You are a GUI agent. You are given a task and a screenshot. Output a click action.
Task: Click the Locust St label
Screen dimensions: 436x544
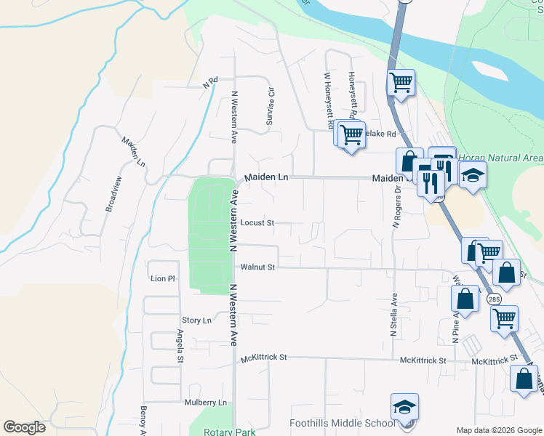(257, 223)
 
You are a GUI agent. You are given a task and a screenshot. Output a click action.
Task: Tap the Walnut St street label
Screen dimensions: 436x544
(258, 267)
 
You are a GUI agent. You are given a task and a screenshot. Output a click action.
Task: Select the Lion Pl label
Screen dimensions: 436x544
(163, 278)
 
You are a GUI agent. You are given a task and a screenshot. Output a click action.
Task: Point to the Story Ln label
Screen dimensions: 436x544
(196, 320)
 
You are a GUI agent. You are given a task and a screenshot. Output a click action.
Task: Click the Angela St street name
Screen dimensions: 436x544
(180, 346)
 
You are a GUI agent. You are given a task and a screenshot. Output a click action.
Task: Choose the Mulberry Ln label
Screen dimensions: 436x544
(206, 403)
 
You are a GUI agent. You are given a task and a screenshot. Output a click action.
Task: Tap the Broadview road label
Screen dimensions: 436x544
(114, 193)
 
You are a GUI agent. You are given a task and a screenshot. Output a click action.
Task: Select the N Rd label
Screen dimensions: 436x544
(211, 82)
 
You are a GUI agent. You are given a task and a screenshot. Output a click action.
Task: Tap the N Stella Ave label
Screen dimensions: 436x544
(393, 315)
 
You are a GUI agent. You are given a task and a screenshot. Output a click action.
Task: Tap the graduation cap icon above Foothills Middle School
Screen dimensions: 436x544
(405, 407)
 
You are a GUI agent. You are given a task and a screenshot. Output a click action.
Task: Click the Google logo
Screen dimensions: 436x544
(24, 427)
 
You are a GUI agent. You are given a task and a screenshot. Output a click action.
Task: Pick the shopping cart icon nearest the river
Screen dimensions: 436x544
(401, 82)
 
